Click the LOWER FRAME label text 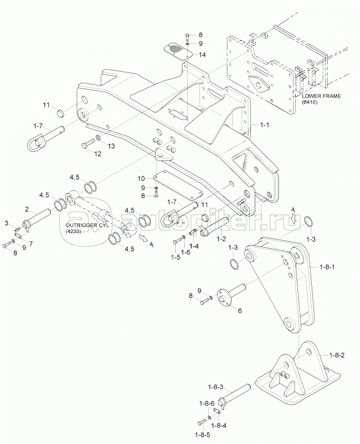(x=321, y=96)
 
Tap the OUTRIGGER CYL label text (x=87, y=225)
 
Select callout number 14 (x=202, y=55)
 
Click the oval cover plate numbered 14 (x=178, y=51)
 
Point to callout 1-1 (x=264, y=124)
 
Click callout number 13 (x=112, y=146)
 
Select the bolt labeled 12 (x=88, y=143)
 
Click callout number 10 (x=141, y=178)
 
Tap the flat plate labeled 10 (x=178, y=185)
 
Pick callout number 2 (x=27, y=209)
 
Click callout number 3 (x=6, y=223)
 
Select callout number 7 (x=31, y=243)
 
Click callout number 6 (x=239, y=311)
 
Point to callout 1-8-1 (x=327, y=267)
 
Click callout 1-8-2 (x=337, y=355)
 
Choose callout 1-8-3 (x=216, y=386)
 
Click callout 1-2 (x=221, y=238)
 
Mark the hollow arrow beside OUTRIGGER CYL (x=144, y=238)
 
